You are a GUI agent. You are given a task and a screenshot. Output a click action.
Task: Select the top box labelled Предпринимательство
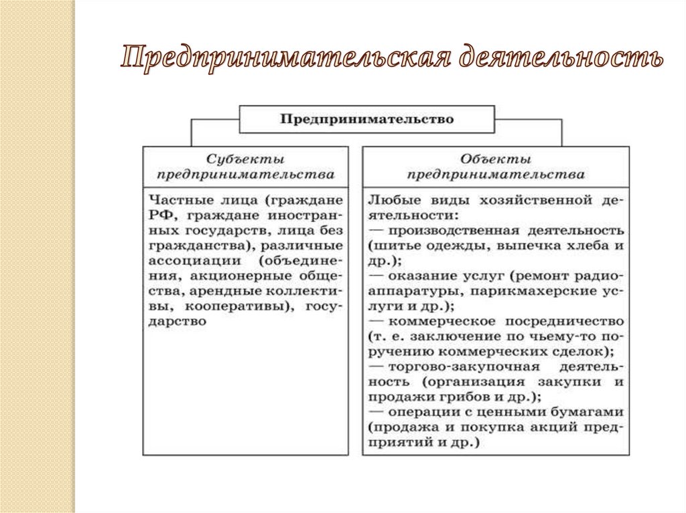coord(366,120)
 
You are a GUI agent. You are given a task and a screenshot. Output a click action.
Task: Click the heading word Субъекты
coord(245,160)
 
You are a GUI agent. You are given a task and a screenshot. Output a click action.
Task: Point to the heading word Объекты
coord(496,160)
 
